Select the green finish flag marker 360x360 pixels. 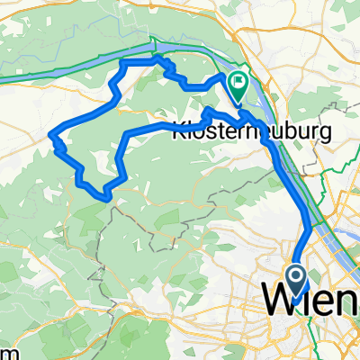click(238, 87)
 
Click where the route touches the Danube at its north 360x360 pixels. click(158, 58)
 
